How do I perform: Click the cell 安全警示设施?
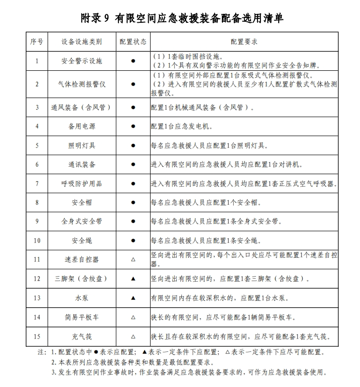(82, 61)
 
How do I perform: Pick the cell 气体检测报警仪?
(82, 84)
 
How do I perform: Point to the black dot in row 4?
(133, 126)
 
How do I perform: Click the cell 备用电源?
(82, 126)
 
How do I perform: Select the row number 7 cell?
(37, 184)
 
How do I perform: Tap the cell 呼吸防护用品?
(82, 184)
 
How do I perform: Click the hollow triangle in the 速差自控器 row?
(133, 259)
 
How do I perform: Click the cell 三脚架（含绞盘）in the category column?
(82, 279)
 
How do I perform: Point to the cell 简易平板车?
(82, 317)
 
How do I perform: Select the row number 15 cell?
(37, 337)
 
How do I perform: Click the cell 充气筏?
(82, 337)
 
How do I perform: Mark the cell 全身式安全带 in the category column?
(82, 222)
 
